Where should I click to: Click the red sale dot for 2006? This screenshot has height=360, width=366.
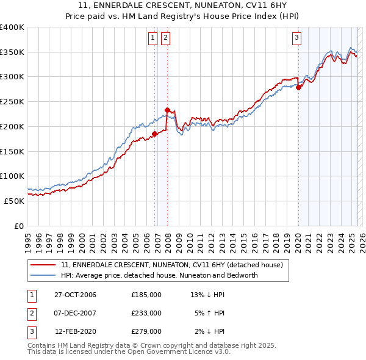point(155,134)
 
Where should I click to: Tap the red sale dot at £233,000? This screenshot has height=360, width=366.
point(167,110)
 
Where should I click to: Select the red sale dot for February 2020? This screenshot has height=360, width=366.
point(298,87)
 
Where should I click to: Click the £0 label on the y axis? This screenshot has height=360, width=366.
point(18,225)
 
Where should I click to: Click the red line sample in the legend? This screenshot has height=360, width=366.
point(43,265)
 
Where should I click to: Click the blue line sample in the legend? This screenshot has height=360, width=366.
point(43,275)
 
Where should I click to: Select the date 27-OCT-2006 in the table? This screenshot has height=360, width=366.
point(75,295)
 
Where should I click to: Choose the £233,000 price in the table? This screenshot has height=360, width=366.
point(146,313)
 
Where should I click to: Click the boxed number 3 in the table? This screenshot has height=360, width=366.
point(30,331)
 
